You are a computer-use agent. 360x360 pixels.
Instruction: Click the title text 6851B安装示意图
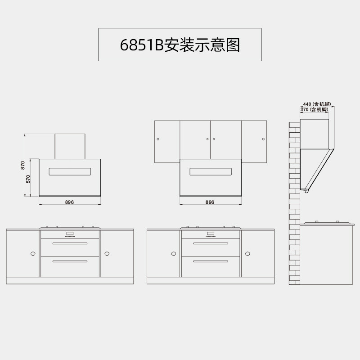pyautogui.click(x=180, y=45)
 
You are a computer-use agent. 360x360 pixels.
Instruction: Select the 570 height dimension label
pyautogui.click(x=28, y=179)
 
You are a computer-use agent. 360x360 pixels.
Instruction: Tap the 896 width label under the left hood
pyautogui.click(x=69, y=202)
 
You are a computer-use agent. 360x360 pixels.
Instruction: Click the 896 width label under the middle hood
pyautogui.click(x=210, y=202)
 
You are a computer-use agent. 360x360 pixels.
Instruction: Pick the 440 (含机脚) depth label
pyautogui.click(x=317, y=104)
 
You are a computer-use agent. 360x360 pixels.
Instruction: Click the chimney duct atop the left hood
pyautogui.click(x=70, y=146)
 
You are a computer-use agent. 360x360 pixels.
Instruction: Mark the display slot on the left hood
pyautogui.click(x=70, y=172)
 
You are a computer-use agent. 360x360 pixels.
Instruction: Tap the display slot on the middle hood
pyautogui.click(x=211, y=172)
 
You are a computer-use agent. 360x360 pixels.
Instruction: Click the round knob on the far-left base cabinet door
pyautogui.click(x=33, y=254)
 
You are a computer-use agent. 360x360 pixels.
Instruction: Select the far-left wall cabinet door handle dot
pyautogui.click(x=158, y=139)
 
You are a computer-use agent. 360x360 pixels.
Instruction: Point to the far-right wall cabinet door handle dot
pyautogui.click(x=263, y=139)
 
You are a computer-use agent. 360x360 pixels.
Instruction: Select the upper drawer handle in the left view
pyautogui.click(x=70, y=243)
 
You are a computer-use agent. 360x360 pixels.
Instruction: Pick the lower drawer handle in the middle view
pyautogui.click(x=211, y=261)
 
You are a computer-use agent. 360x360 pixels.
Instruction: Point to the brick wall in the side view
pyautogui.click(x=294, y=202)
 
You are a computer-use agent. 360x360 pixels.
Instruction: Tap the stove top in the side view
pyautogui.click(x=327, y=223)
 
